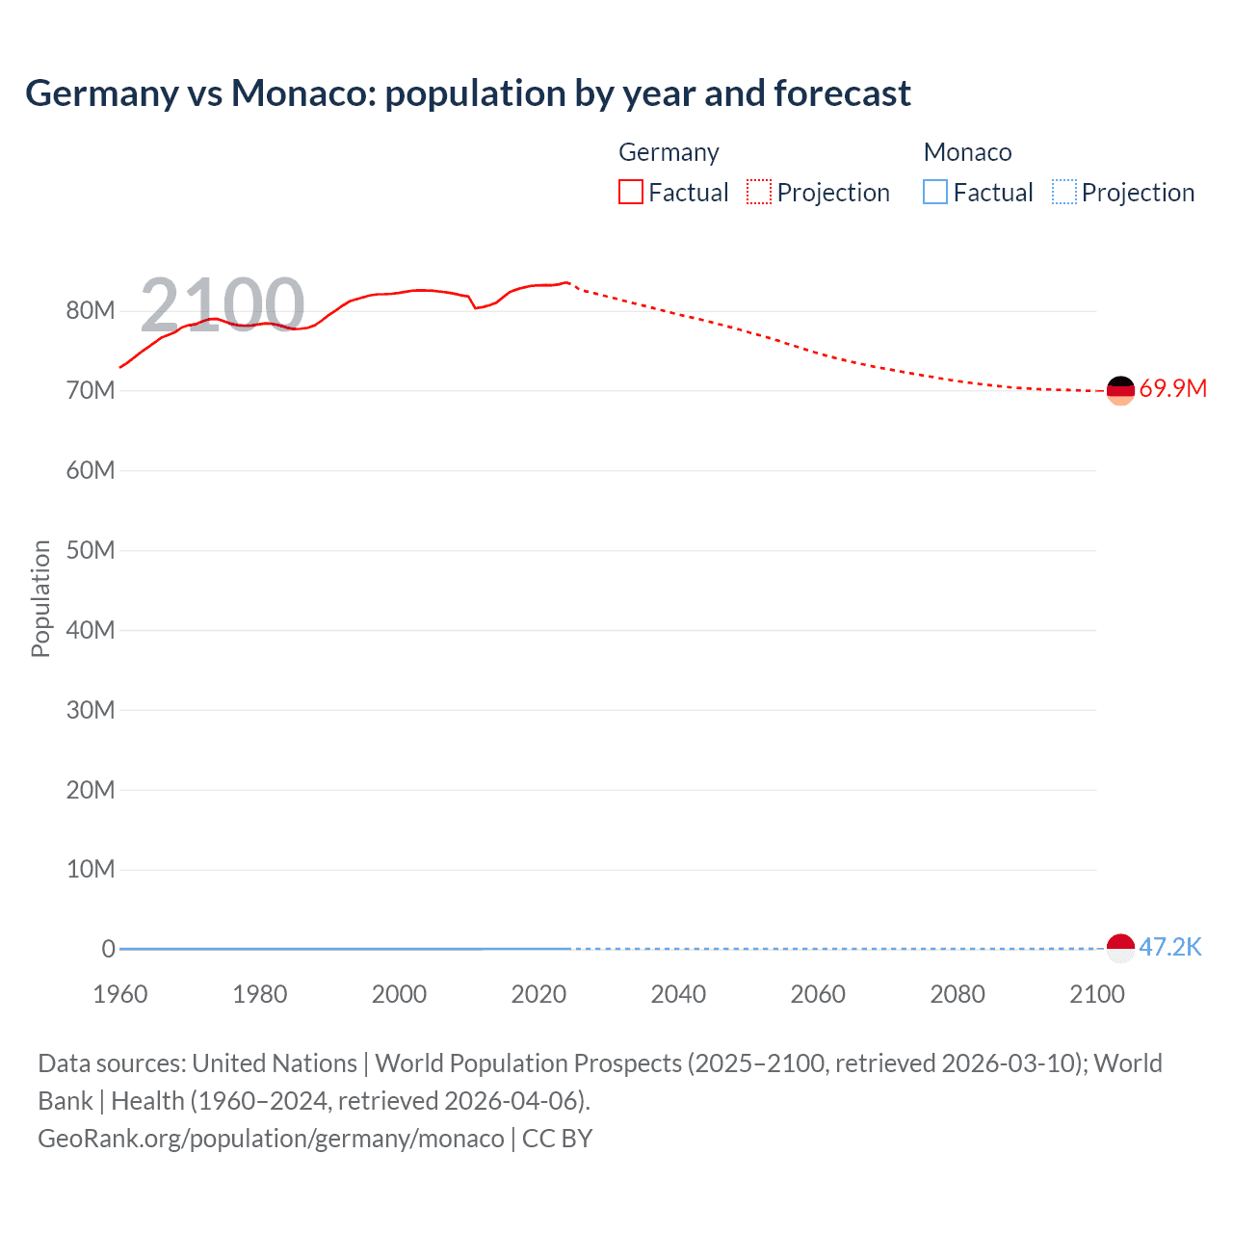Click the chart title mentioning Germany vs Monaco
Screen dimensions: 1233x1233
468,93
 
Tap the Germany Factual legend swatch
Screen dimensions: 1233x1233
630,193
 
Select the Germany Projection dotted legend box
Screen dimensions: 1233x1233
759,193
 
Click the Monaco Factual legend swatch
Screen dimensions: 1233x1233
934,193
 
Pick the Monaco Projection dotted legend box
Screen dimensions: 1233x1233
1064,193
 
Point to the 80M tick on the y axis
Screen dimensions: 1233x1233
91,311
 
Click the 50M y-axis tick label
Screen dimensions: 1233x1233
91,550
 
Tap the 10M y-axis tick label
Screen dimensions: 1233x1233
91,870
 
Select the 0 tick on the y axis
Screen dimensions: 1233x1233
108,950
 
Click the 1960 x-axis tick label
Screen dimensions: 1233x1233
120,994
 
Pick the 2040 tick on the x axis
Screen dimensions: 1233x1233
678,994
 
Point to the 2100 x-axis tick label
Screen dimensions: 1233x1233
1096,994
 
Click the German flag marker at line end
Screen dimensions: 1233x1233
1120,390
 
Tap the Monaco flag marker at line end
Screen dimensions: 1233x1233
1120,948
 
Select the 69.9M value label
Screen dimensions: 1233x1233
1172,389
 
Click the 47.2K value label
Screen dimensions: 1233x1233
1170,948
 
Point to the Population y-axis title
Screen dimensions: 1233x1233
40,598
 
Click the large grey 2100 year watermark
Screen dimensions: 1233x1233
223,304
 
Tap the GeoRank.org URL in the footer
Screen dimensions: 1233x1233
271,1139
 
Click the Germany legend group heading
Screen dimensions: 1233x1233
669,152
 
